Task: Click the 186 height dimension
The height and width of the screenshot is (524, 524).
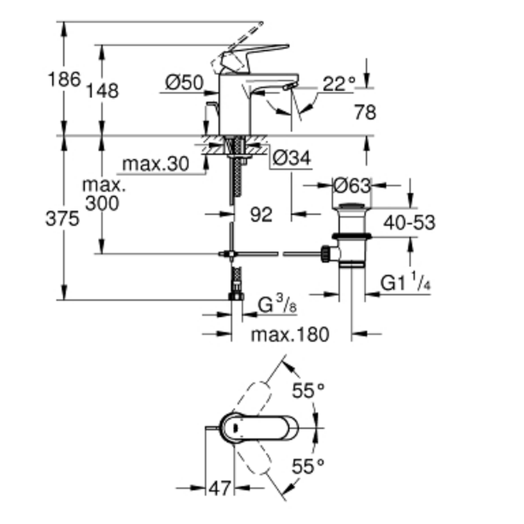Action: click(x=64, y=80)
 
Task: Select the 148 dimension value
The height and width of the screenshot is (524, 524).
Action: click(x=103, y=91)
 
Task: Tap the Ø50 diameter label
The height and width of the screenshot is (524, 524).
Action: click(x=184, y=82)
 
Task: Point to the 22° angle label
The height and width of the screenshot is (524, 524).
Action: click(x=339, y=83)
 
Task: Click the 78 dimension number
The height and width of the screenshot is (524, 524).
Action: click(x=365, y=112)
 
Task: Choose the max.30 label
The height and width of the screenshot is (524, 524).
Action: click(x=155, y=165)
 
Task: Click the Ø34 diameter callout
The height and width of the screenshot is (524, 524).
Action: click(x=292, y=157)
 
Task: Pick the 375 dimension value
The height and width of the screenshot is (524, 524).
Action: click(x=62, y=219)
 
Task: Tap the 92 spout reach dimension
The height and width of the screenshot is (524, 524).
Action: click(x=261, y=214)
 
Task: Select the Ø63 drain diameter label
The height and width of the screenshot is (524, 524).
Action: click(x=352, y=185)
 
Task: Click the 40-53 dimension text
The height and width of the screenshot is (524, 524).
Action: click(x=409, y=222)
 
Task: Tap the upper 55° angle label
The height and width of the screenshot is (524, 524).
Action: click(x=309, y=390)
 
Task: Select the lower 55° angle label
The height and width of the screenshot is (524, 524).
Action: click(x=309, y=466)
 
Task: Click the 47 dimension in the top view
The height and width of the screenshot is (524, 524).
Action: click(x=220, y=488)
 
